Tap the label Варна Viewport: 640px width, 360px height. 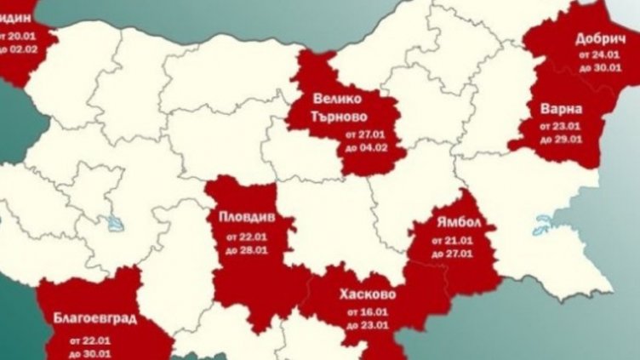coord(561,109)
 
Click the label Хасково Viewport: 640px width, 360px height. coord(367,294)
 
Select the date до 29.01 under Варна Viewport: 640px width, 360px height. coord(563,139)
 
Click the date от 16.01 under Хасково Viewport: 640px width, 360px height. coord(368,312)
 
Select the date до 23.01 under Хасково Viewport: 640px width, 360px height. coord(368,324)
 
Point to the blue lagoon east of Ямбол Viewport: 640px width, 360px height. coord(542,228)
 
